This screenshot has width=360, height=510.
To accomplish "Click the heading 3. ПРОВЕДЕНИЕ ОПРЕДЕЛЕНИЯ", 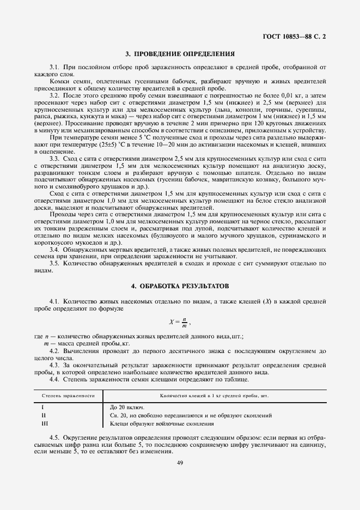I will [x=180, y=54].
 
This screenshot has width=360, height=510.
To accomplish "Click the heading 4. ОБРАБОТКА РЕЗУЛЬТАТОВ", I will [x=180, y=286].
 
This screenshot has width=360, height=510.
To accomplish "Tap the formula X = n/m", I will [x=180, y=322].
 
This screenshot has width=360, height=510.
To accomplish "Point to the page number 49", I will [x=180, y=463].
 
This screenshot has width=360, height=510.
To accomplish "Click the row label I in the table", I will [x=43, y=407].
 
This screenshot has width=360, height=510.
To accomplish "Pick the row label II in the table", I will [x=44, y=415].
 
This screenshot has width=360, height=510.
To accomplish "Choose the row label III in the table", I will [x=44, y=423].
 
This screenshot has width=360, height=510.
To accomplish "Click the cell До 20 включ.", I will [x=129, y=407].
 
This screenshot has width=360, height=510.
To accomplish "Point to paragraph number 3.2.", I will [x=54, y=94].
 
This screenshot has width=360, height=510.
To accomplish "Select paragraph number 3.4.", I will [x=54, y=248].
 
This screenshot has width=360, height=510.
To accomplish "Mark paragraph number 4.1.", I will [x=54, y=301].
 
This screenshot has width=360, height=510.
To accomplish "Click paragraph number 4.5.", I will [x=54, y=438].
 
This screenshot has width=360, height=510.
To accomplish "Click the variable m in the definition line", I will [x=45, y=345].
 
